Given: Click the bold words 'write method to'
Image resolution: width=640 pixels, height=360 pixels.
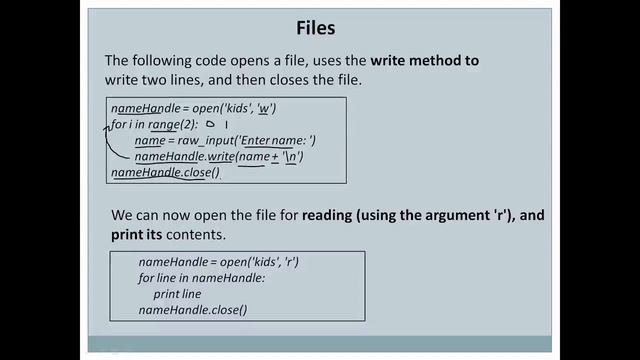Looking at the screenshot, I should tap(417, 61).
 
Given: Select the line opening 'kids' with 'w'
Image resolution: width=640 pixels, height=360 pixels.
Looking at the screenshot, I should tap(193, 108).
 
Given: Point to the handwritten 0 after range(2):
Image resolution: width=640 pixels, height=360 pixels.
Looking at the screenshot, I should tap(212, 125).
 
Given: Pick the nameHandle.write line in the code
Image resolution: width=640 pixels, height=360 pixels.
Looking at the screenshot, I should tap(219, 157).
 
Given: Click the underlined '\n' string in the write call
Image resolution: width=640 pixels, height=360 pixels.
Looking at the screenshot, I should tap(292, 157).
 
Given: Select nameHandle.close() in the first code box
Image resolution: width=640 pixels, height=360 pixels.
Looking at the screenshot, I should tap(165, 173).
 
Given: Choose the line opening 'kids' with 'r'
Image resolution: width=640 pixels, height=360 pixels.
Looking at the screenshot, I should tap(219, 262).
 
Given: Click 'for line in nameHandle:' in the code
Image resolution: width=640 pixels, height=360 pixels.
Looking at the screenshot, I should tap(201, 279).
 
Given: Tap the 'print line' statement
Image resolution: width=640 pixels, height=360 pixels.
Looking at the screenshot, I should tap(177, 295).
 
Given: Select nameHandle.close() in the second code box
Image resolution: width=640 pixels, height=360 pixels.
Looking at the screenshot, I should tap(192, 311).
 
